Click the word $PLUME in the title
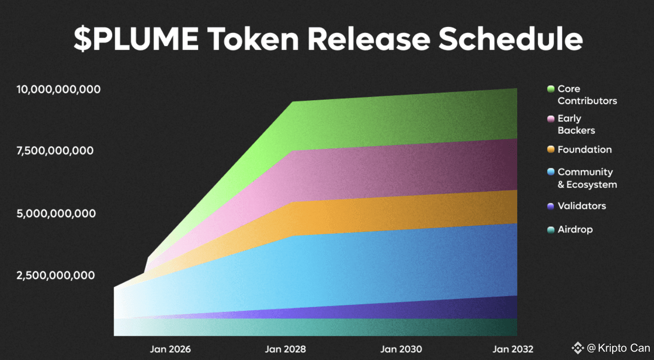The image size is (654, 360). click(x=136, y=39)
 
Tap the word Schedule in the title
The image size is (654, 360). click(x=511, y=39)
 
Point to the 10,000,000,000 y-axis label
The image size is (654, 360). click(x=58, y=90)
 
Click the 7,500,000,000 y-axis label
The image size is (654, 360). click(x=55, y=151)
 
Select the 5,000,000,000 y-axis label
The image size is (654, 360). click(x=56, y=213)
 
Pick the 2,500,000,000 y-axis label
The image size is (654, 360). click(x=56, y=275)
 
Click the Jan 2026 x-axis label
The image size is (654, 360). click(x=170, y=349)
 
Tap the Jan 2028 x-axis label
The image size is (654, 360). click(x=285, y=349)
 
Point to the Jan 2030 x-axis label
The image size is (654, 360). click(x=401, y=349)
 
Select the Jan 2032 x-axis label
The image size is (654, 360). click(x=513, y=349)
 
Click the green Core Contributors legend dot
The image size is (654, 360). click(x=551, y=89)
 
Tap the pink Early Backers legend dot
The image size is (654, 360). click(x=551, y=119)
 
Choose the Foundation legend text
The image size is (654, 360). click(x=584, y=149)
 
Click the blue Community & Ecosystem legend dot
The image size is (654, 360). click(x=551, y=172)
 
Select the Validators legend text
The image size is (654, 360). click(x=582, y=206)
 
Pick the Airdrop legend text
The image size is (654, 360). click(x=575, y=230)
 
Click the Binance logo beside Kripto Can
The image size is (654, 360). click(x=577, y=348)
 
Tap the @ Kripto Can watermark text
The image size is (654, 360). click(x=618, y=348)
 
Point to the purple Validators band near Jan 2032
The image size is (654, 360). click(x=496, y=308)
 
